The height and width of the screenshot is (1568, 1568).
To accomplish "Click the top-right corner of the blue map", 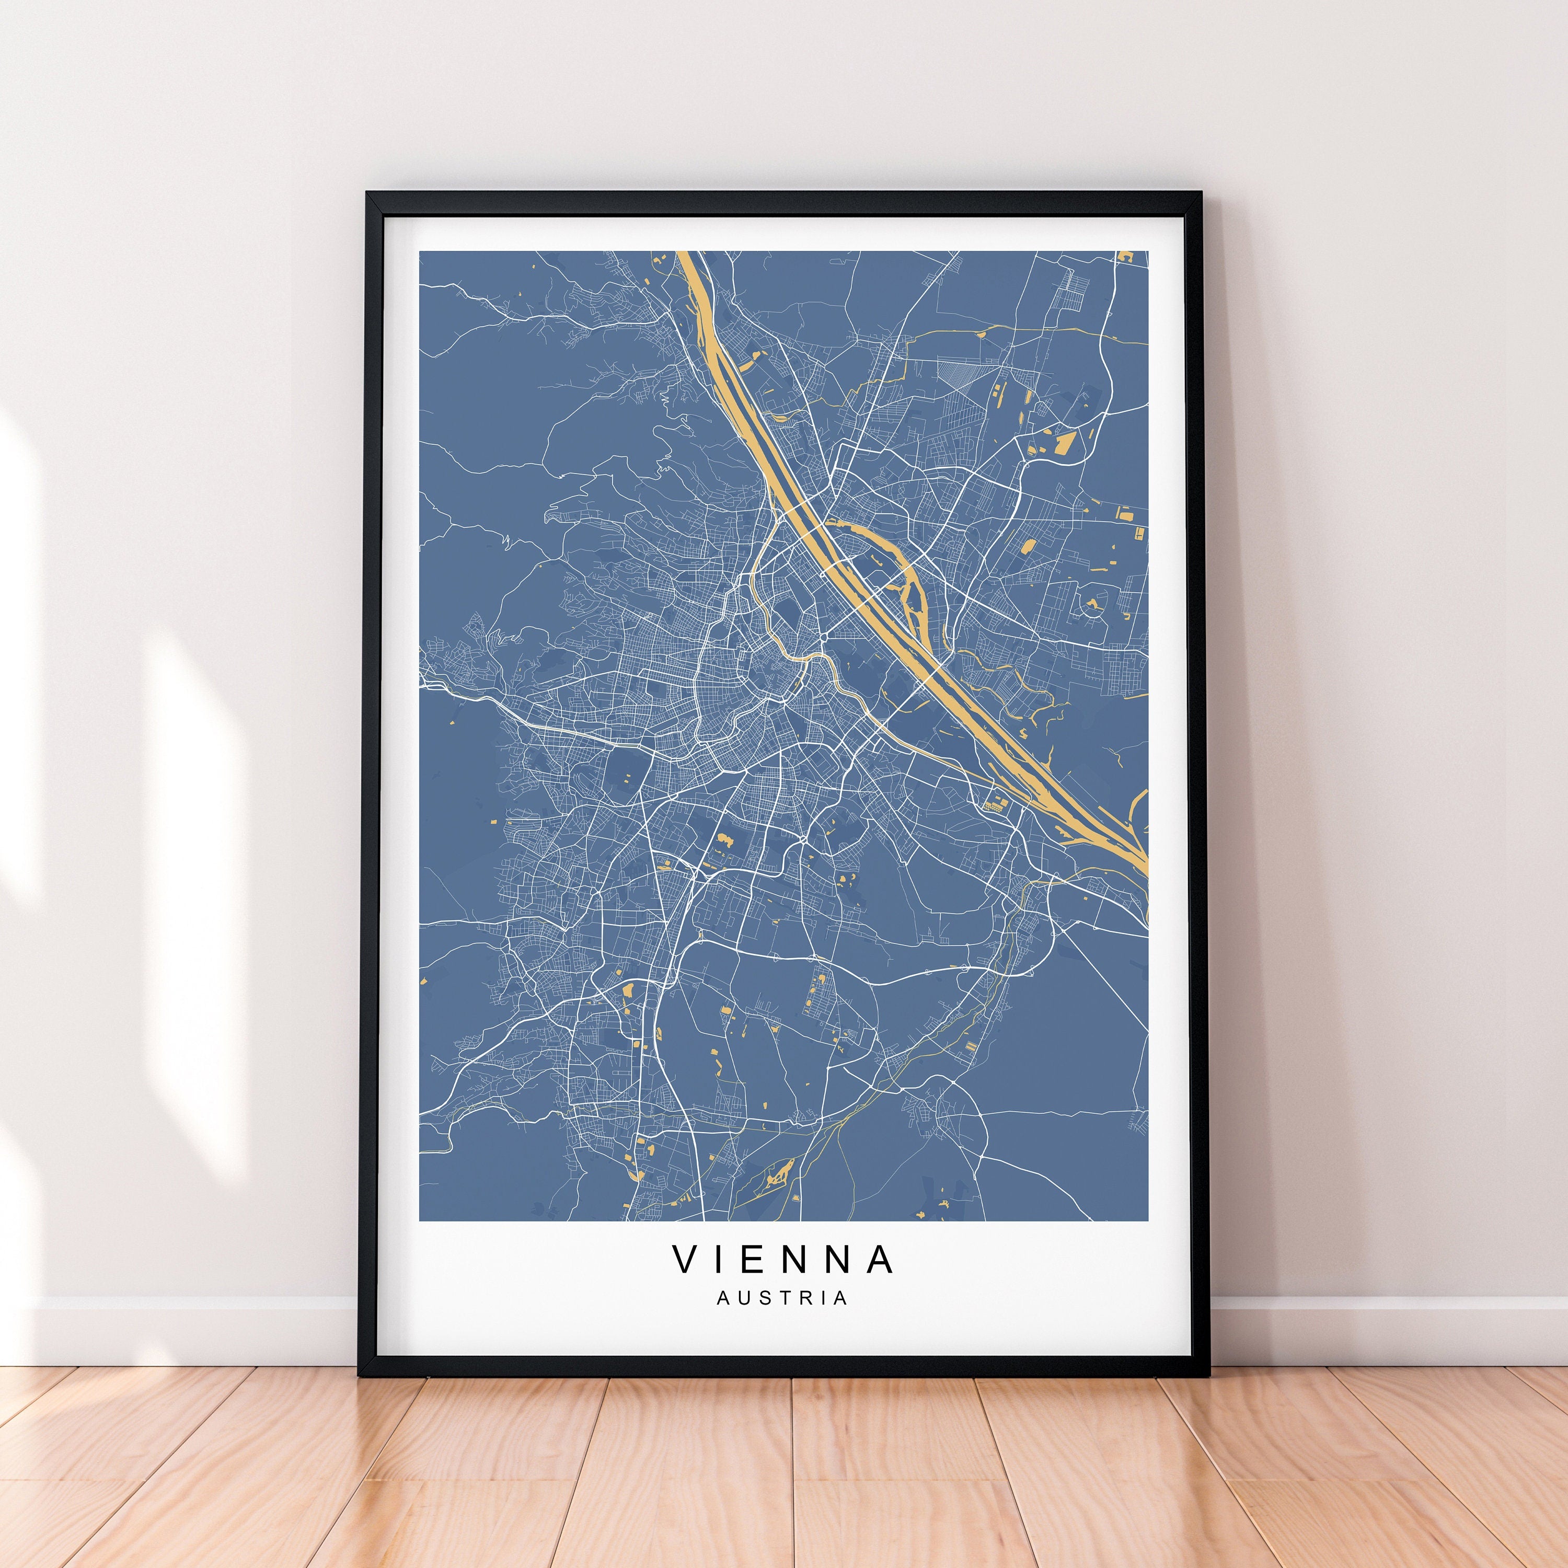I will click(1148, 251).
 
